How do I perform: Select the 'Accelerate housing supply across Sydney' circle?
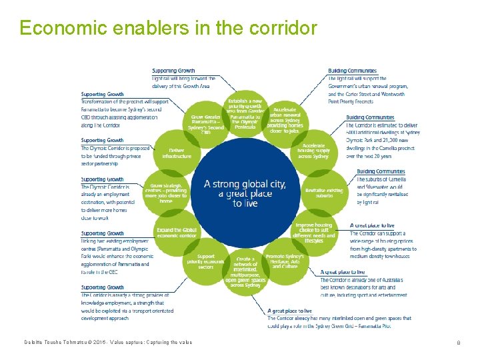point(314,150)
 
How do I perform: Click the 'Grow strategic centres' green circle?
point(166,193)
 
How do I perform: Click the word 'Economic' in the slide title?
point(54,28)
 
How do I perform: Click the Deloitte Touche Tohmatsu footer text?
point(105,343)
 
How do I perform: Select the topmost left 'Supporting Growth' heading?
point(173,70)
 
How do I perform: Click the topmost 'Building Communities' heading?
point(352,71)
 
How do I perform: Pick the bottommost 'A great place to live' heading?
point(289,311)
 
